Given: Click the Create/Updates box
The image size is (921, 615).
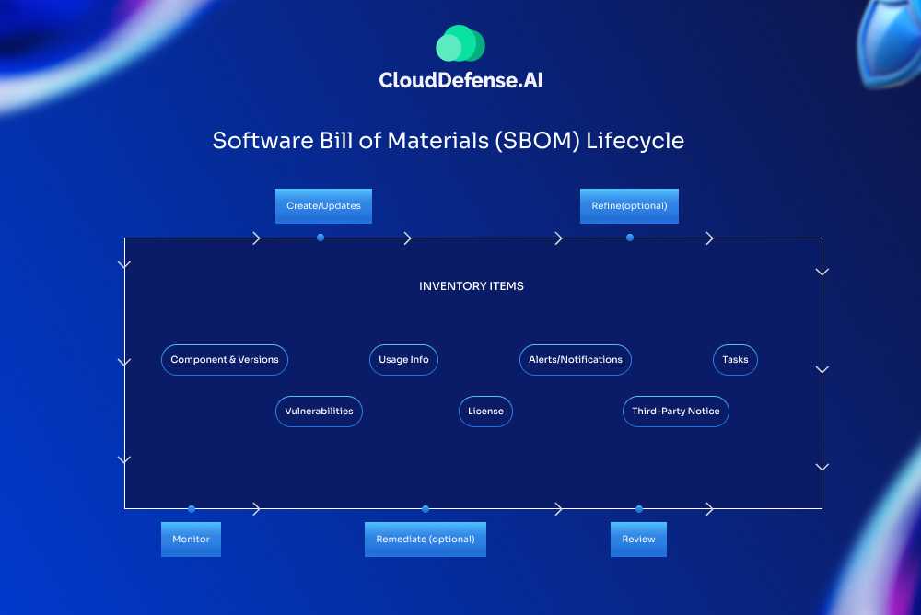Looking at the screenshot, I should coord(323,206).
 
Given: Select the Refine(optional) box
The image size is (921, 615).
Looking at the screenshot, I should coord(629,206).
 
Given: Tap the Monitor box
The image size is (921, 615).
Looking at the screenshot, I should coord(191,539).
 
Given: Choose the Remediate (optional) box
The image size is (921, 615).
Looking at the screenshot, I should coord(425,539).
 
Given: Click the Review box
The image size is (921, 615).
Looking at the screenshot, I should coord(638,539).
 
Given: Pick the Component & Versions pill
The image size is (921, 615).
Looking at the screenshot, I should coord(225,360).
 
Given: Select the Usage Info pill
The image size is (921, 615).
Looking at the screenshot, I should coord(403,360).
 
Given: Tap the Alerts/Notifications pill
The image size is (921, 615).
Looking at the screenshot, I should coord(576,360).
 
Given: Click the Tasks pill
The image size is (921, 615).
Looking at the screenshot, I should coord(735,360).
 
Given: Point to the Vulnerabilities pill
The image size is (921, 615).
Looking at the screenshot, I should coord(319,412).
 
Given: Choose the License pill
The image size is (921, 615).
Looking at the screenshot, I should coord(485,412).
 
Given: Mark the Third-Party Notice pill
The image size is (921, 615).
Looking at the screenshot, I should coord(676,412).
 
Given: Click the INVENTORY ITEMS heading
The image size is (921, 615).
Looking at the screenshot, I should coord(472,286).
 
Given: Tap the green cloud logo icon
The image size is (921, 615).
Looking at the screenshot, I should coord(460,43).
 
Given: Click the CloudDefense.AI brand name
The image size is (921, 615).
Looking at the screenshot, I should coord(460,81).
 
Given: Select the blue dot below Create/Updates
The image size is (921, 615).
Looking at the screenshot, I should coord(321,238).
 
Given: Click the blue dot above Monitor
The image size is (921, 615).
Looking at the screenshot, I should coord(192,508).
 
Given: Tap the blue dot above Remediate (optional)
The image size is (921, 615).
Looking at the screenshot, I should coord(426,508).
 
